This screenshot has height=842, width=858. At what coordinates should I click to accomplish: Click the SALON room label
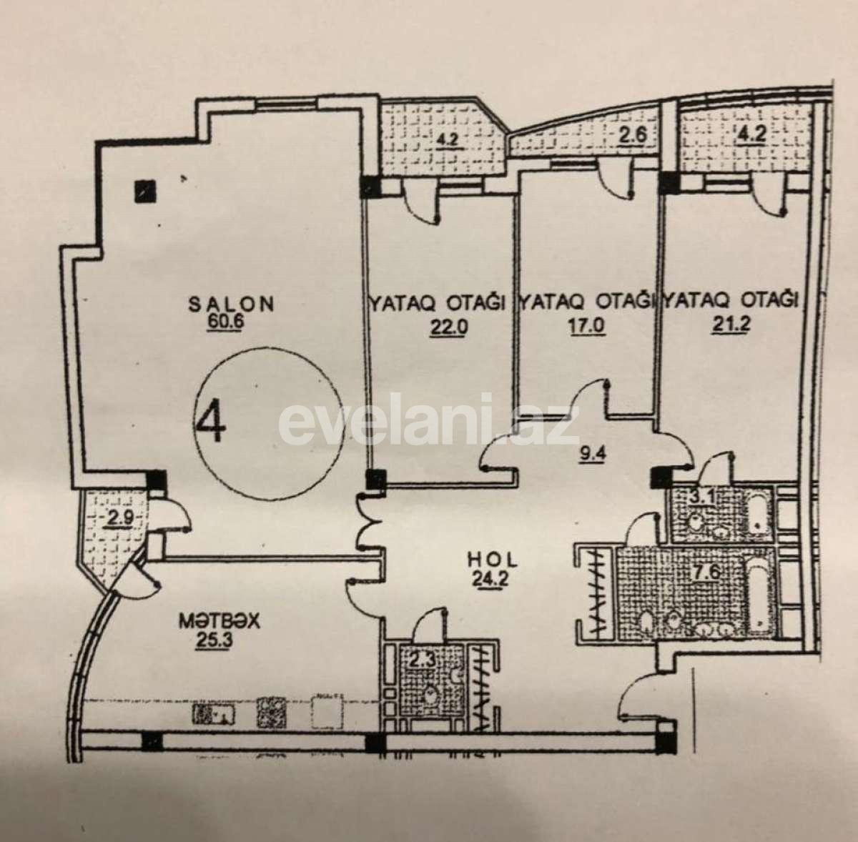pyautogui.click(x=230, y=304)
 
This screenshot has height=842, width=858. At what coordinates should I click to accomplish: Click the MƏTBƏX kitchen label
pyautogui.click(x=220, y=622)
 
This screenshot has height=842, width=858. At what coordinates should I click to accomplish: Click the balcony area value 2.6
pyautogui.click(x=630, y=134)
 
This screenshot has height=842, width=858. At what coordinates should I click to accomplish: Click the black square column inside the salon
pyautogui.click(x=146, y=190)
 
